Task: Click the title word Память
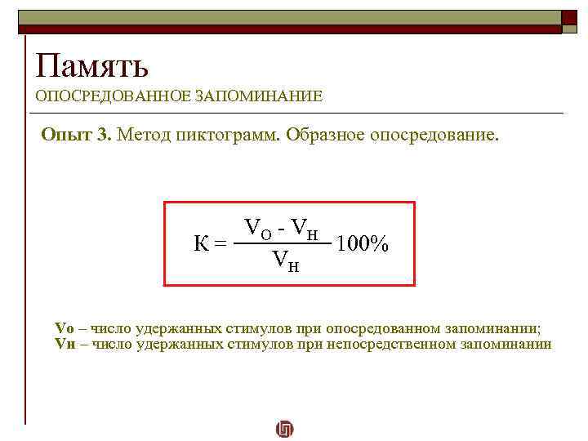coord(91,65)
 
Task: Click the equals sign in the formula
coord(220,243)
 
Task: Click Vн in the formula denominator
coord(284,261)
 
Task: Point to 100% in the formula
coord(362,243)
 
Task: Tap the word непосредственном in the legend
coord(384,344)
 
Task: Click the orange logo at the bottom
coord(285,428)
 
